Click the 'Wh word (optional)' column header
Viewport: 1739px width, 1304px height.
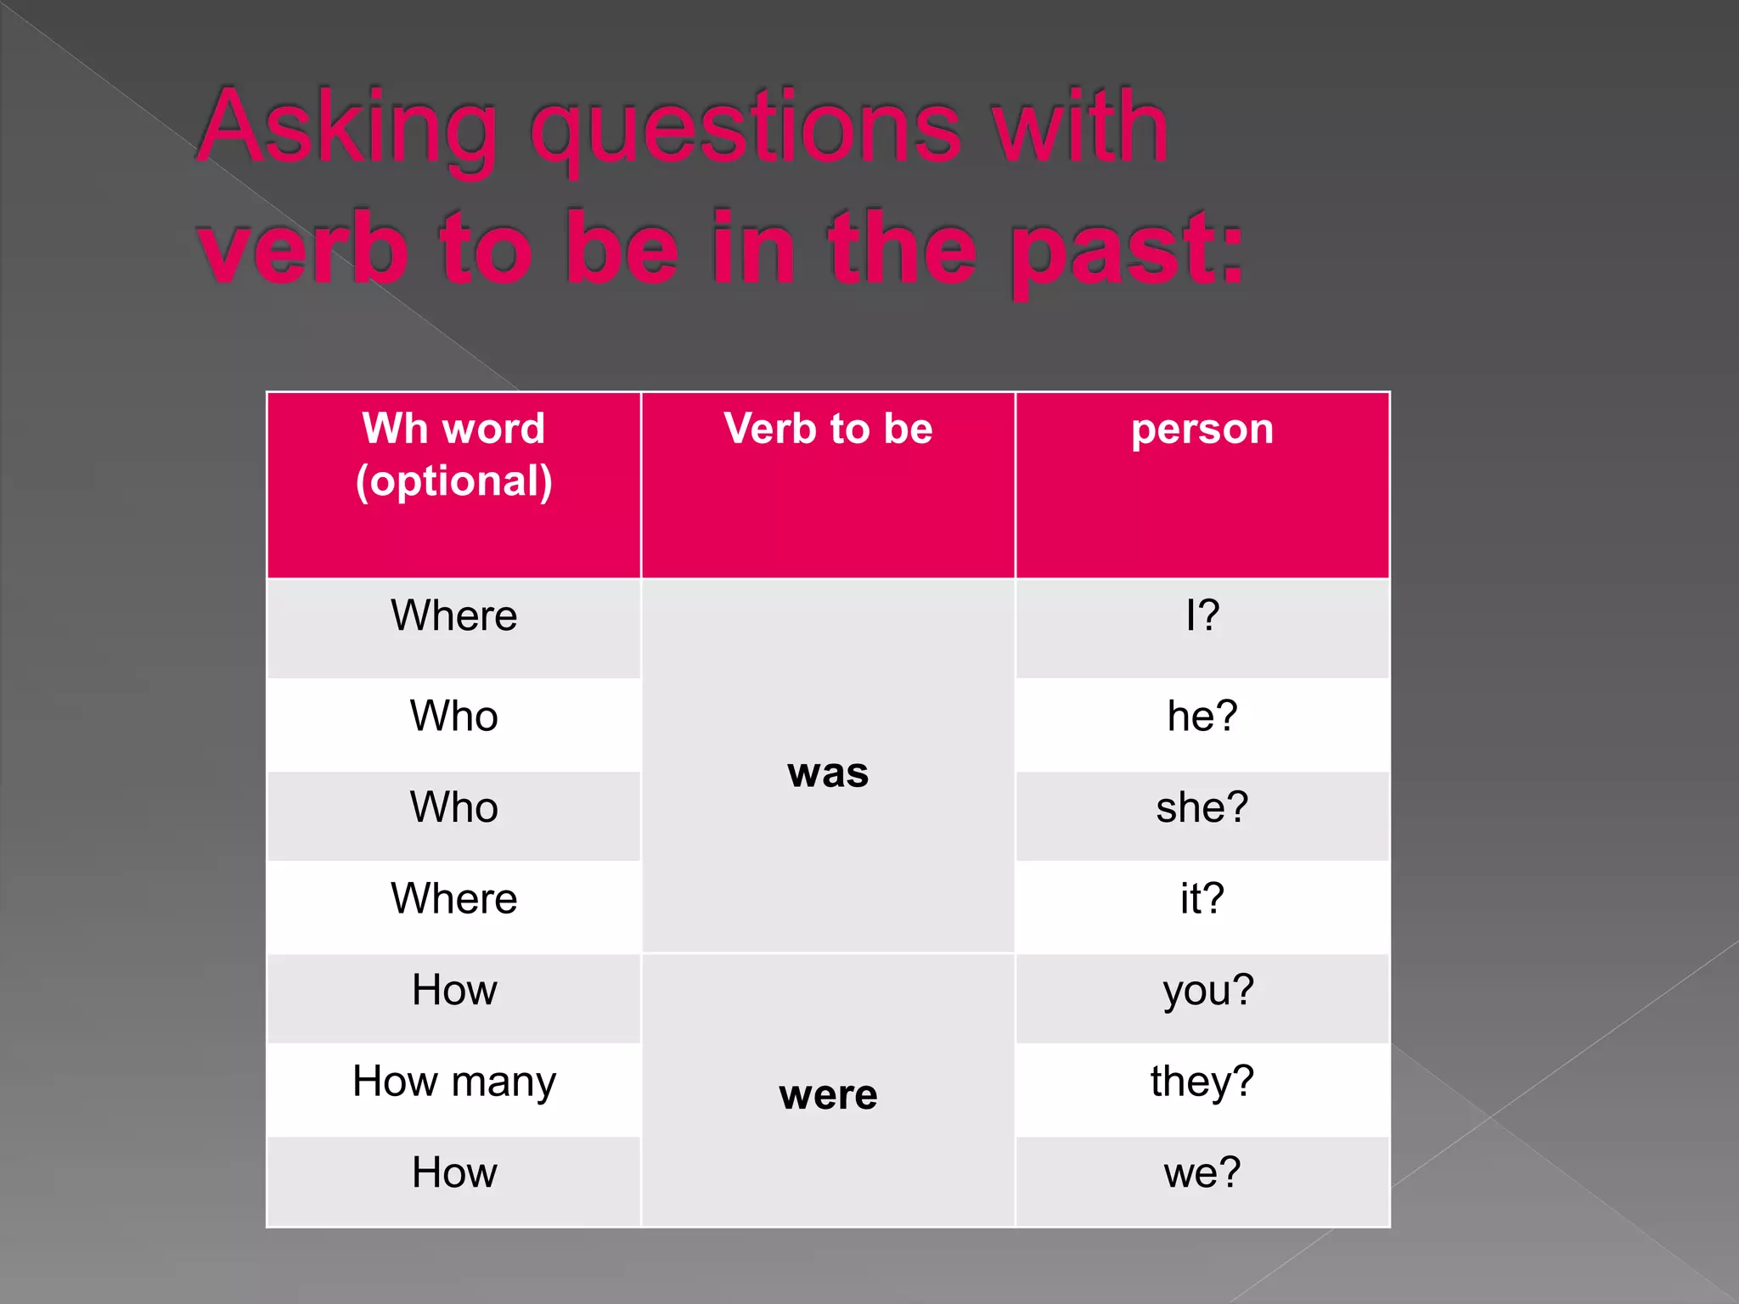pos(454,455)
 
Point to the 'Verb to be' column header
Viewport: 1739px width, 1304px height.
pos(828,429)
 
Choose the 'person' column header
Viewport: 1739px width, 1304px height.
pos(1202,429)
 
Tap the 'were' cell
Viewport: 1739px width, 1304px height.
pos(828,1094)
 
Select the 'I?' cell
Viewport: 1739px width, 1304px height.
pos(1202,615)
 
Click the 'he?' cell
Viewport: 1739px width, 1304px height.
pos(1202,717)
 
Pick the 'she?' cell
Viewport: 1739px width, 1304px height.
pos(1202,807)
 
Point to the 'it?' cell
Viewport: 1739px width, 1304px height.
pos(1202,899)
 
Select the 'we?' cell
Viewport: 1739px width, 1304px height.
pos(1202,1173)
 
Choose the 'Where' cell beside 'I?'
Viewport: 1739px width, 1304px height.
pos(454,615)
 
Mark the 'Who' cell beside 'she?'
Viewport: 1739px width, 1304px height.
pos(454,807)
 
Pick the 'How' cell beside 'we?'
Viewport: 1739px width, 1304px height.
pos(454,1173)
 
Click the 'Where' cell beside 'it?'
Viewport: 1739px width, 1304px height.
pos(454,899)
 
